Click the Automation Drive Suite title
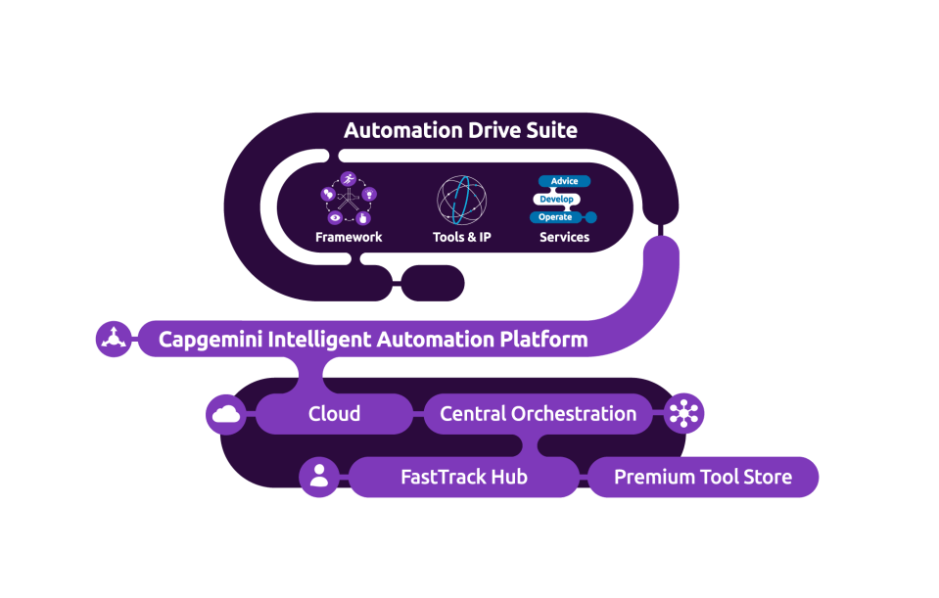460,130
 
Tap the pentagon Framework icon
349,199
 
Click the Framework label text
349,237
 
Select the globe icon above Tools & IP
461,200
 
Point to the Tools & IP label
461,237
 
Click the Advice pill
564,181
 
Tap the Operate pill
555,216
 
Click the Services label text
564,237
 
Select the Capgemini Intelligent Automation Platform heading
373,340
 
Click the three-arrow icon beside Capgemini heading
115,340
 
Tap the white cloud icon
226,414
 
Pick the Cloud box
334,414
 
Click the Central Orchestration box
538,414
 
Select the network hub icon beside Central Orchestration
683,414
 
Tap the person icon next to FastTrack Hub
319,478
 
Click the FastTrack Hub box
463,478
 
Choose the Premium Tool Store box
702,478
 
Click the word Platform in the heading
541,340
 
